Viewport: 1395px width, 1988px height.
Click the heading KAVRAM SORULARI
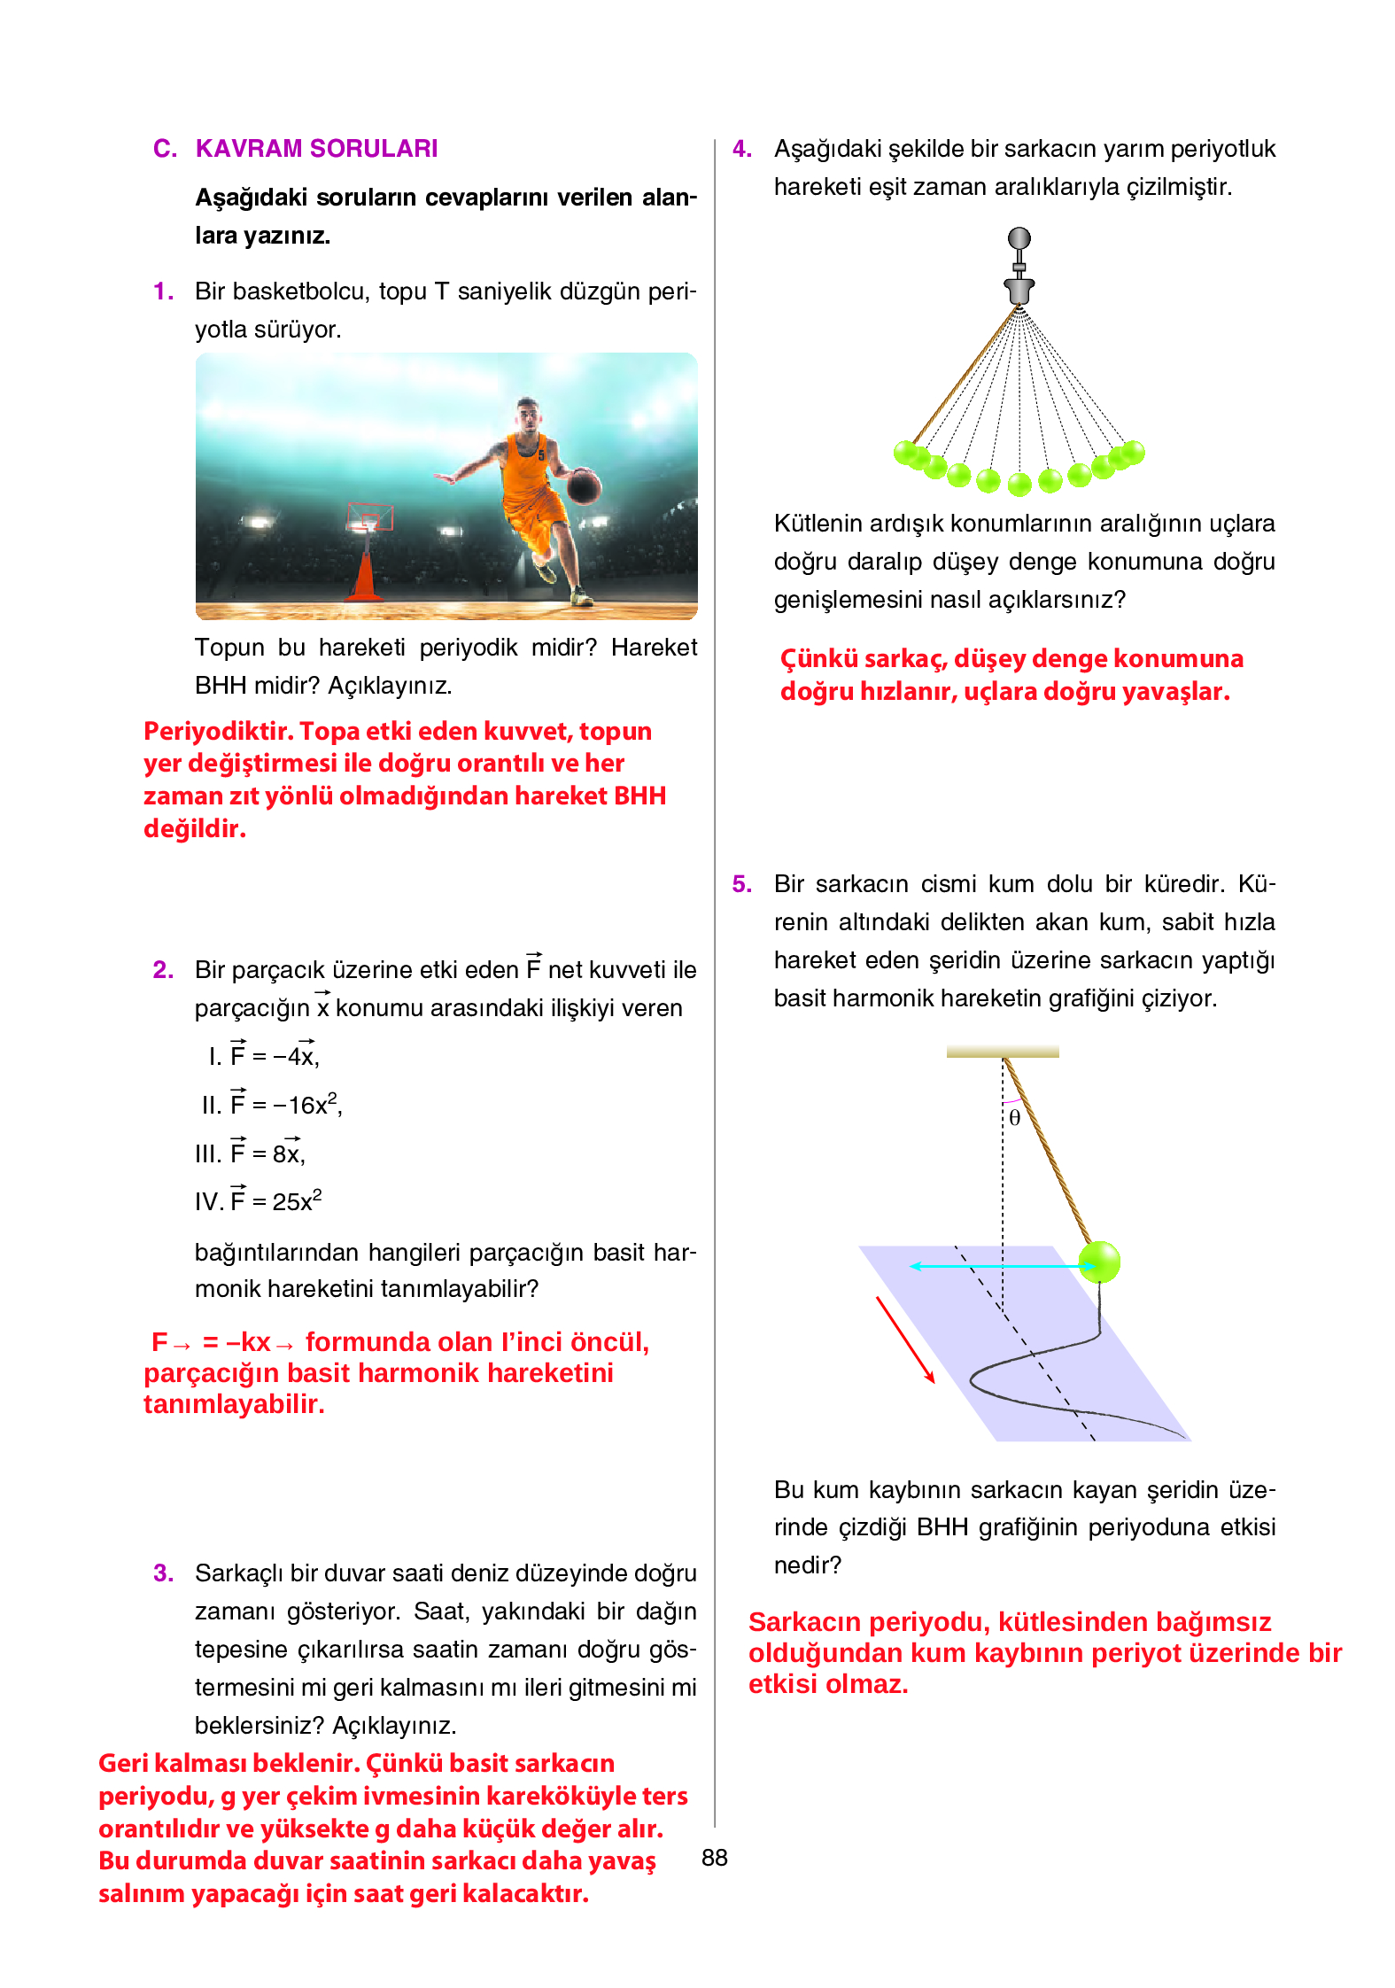point(316,149)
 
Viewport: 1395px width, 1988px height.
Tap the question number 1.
point(162,291)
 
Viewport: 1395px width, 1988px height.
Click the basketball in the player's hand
point(584,486)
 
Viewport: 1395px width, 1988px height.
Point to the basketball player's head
point(528,414)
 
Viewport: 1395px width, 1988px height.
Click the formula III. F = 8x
point(250,1153)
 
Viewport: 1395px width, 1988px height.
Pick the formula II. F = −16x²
point(271,1105)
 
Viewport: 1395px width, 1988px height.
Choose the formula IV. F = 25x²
point(258,1201)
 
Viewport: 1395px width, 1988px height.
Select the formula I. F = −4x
point(264,1056)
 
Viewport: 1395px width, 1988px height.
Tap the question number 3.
point(163,1573)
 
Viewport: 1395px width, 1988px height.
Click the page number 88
point(714,1858)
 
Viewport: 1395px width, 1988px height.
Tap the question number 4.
point(741,149)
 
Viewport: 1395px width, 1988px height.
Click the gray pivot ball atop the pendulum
point(1019,238)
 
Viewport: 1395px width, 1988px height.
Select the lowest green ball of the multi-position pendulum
point(1020,484)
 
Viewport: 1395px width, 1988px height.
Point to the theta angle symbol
point(1015,1118)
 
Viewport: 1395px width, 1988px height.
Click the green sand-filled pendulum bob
point(1099,1262)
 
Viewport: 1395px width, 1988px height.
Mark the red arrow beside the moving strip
point(905,1340)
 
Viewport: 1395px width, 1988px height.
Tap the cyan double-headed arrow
point(1001,1266)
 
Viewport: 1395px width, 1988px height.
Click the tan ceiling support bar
point(1003,1052)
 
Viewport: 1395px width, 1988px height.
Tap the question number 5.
point(741,884)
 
